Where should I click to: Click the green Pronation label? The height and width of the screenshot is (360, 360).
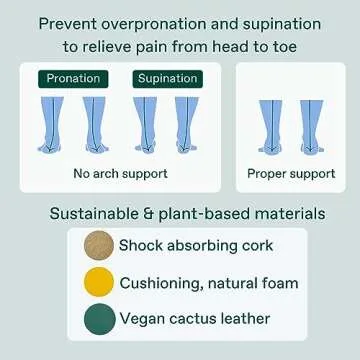tap(73, 79)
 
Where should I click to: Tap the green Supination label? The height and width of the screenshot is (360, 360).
tap(167, 79)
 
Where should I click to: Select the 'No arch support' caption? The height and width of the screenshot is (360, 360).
tap(120, 172)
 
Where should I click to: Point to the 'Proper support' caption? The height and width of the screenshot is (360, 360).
tap(292, 172)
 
